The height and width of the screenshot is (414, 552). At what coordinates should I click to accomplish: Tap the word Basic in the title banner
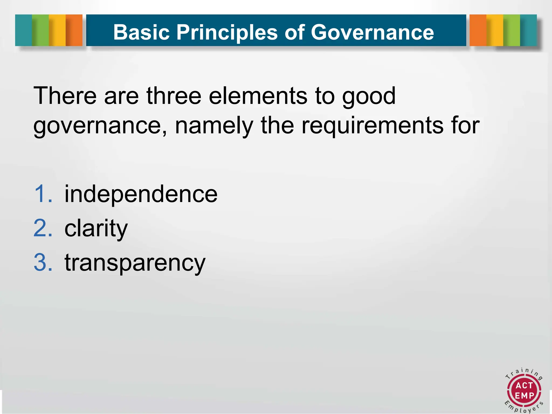141,32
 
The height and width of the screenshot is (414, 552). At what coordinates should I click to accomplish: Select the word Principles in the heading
227,32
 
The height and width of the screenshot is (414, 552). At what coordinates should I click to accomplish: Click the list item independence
141,194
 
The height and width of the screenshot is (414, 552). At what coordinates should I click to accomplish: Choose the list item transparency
135,263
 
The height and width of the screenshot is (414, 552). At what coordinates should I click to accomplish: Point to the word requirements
372,126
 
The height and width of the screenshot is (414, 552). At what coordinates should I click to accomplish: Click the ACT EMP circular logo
524,391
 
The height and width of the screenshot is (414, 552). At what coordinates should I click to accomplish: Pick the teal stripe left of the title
23,30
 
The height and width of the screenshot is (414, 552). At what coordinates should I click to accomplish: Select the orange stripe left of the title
74,30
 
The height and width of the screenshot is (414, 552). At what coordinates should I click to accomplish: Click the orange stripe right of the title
478,30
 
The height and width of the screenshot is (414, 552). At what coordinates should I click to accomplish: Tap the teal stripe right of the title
528,30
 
